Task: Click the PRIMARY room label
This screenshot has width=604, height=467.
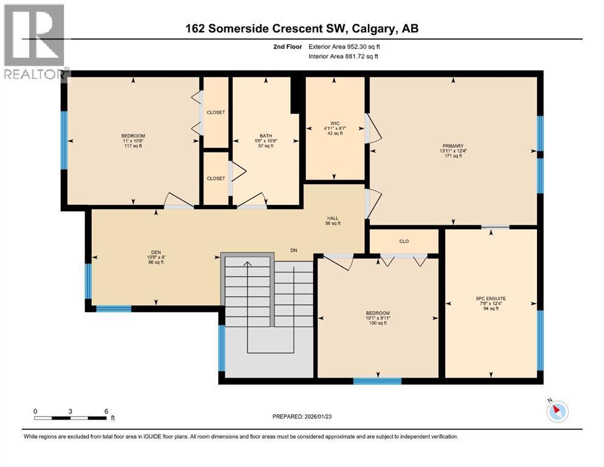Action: pyautogui.click(x=453, y=146)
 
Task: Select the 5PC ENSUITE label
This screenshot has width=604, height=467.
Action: pyautogui.click(x=491, y=298)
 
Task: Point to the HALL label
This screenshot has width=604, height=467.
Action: pyautogui.click(x=333, y=218)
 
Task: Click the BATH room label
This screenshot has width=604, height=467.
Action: pyautogui.click(x=266, y=136)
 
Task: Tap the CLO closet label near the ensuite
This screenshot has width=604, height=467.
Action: pyautogui.click(x=404, y=241)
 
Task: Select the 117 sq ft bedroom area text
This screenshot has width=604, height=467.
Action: pyautogui.click(x=133, y=146)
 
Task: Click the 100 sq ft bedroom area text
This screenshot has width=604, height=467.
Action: pyautogui.click(x=377, y=323)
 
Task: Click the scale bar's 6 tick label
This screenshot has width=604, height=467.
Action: pyautogui.click(x=106, y=411)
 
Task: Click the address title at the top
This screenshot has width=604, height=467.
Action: pyautogui.click(x=302, y=29)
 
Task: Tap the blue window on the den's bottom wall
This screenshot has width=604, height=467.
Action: pyautogui.click(x=114, y=308)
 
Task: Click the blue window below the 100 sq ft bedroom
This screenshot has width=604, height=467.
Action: pyautogui.click(x=377, y=381)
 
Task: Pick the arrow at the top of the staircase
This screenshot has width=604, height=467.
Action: pyautogui.click(x=248, y=264)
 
